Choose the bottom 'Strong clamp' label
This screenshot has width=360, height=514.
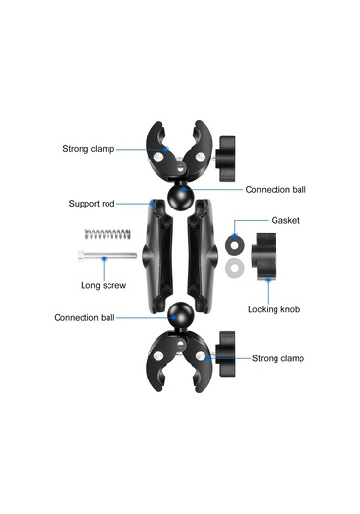click(x=277, y=358)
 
